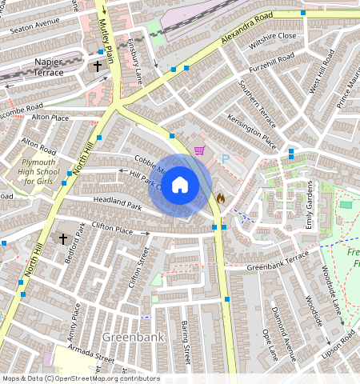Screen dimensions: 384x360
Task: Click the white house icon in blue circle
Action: point(180,185)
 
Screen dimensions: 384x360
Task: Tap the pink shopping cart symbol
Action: point(199,150)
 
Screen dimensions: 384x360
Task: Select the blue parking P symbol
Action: point(225,158)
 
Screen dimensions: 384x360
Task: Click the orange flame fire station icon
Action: point(221,197)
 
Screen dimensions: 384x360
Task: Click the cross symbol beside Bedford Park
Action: point(63,238)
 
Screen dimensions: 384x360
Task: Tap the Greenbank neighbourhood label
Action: point(133,337)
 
